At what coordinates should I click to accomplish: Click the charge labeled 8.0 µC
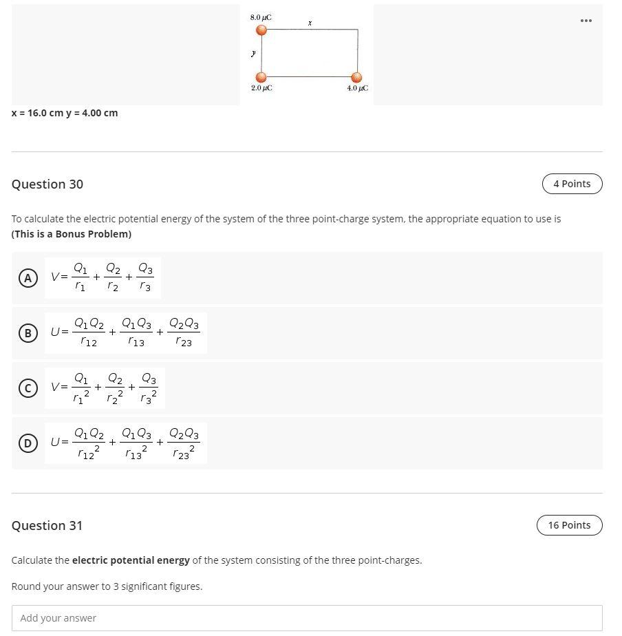point(261,30)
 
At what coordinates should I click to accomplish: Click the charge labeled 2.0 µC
point(261,77)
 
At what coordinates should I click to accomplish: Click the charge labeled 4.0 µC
point(356,77)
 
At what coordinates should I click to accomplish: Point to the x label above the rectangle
point(310,23)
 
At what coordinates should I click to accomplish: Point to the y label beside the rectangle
point(253,53)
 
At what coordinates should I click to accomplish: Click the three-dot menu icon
point(586,21)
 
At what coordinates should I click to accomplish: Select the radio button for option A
point(28,278)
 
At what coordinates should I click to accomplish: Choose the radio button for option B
point(28,333)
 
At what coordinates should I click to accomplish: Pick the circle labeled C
point(28,388)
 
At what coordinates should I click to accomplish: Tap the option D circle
point(28,443)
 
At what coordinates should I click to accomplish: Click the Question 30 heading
point(47,184)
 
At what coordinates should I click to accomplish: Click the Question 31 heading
point(47,525)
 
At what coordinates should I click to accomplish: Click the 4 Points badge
point(572,184)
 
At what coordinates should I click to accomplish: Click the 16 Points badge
point(569,525)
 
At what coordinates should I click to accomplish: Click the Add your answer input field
point(307,618)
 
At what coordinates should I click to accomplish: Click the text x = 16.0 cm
point(37,113)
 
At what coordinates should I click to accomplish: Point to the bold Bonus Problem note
point(72,234)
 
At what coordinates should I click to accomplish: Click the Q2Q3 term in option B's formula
point(184,332)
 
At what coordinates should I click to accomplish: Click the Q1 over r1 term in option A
point(81,277)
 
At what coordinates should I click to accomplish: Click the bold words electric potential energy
point(131,560)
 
